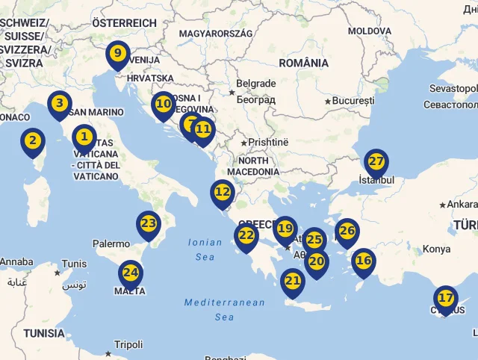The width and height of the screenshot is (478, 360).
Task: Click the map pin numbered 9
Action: (x=117, y=54)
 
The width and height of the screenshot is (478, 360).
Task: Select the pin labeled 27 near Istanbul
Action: (x=376, y=161)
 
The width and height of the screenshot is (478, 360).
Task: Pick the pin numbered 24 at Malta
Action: (x=131, y=273)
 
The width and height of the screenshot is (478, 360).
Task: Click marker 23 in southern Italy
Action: (x=149, y=223)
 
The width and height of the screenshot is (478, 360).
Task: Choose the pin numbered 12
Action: (x=223, y=192)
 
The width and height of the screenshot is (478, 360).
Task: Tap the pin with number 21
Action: (x=293, y=281)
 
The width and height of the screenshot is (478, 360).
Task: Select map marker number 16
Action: (x=364, y=261)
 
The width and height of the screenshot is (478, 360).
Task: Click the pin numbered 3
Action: (x=60, y=103)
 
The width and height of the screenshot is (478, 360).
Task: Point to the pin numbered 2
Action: (x=32, y=140)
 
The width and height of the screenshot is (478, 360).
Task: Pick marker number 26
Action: (x=347, y=231)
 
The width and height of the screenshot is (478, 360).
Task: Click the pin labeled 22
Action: (x=246, y=235)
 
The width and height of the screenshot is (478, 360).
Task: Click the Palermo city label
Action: (x=111, y=243)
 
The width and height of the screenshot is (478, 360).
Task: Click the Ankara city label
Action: (x=462, y=204)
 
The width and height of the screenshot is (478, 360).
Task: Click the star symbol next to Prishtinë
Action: (x=243, y=142)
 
